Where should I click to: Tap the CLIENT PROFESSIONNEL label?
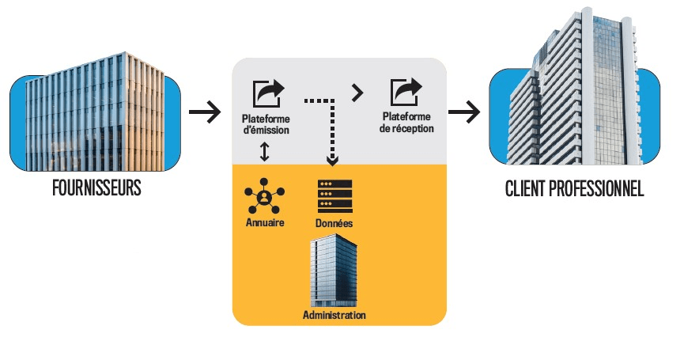point(574,190)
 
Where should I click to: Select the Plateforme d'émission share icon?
point(266,93)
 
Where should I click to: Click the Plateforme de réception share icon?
point(406,93)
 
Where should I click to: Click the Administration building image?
point(334,271)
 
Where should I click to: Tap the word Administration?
point(334,315)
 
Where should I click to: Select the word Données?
point(334,224)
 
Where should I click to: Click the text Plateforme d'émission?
point(266,124)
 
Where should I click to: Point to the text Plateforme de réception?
point(406,123)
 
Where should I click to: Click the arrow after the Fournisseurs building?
point(205,112)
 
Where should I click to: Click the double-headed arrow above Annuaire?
point(266,152)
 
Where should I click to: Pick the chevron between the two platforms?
point(357,93)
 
